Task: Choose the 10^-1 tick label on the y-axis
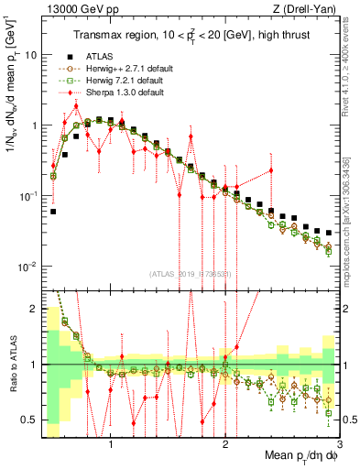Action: point(27,196)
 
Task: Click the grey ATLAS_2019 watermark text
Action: point(190,273)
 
